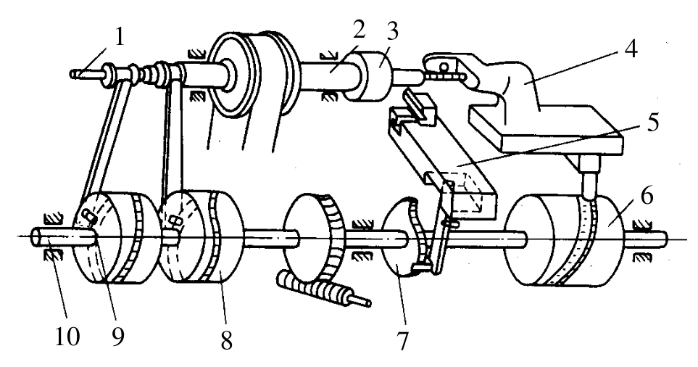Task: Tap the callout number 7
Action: [x=402, y=341]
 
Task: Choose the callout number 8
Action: [x=226, y=341]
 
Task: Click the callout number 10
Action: [x=67, y=337]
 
